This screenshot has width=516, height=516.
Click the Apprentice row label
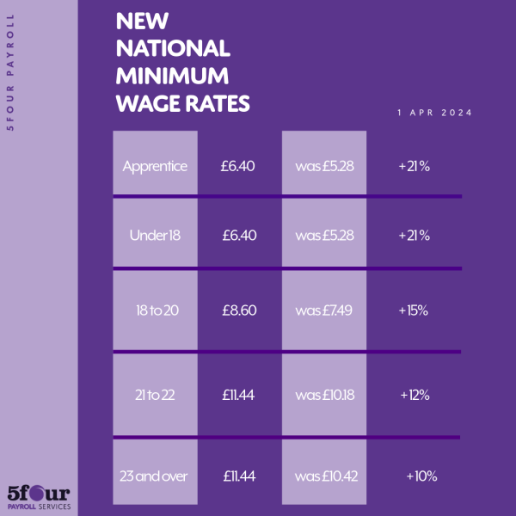point(155,166)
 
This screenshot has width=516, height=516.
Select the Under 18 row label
point(155,235)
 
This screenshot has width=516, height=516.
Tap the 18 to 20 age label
point(155,310)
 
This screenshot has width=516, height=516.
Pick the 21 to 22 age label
point(155,395)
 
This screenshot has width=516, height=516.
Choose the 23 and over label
point(155,476)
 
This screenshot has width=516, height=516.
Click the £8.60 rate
point(239,310)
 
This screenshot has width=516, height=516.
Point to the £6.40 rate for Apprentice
point(239,166)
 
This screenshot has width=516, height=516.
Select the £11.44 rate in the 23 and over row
point(239,476)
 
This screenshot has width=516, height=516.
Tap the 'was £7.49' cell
point(324,310)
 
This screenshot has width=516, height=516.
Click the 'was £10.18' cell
point(324,395)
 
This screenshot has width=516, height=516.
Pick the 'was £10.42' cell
point(324,476)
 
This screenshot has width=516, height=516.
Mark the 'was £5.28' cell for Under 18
point(324,235)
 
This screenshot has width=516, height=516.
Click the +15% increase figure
point(414,310)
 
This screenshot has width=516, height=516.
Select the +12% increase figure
point(414,395)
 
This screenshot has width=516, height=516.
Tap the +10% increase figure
point(421,476)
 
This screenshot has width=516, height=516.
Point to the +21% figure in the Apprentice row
point(414,166)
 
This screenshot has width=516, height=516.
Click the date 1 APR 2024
point(434,113)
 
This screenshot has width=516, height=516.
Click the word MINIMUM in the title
point(172,76)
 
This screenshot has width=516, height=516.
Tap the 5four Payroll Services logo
point(38,496)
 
